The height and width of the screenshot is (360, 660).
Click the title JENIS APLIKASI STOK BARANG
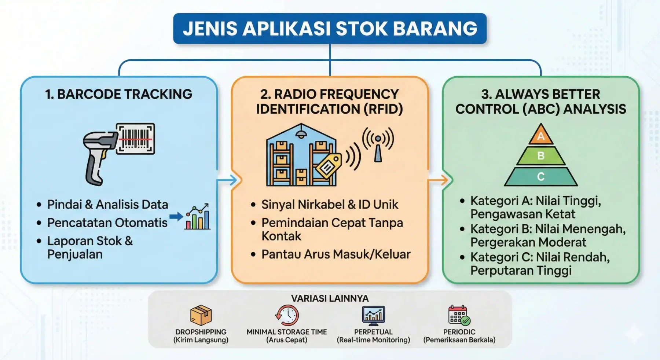tap(330, 29)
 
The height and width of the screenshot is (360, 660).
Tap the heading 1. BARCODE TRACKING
tap(118, 94)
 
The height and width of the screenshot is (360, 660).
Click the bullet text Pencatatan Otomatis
tap(107, 223)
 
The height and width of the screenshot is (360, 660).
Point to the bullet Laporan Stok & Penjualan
tap(90, 247)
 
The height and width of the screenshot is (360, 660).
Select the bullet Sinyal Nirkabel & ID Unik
tap(330, 205)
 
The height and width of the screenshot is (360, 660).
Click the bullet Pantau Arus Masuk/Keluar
tap(336, 254)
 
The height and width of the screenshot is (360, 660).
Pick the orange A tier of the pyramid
tap(541, 135)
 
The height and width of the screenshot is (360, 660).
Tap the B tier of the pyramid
tap(541, 156)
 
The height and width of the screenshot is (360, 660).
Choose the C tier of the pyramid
tap(541, 176)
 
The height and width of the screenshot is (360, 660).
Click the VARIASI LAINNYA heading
tap(330, 298)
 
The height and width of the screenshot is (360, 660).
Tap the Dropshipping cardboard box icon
tap(201, 315)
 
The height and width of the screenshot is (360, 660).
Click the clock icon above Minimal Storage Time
tap(287, 315)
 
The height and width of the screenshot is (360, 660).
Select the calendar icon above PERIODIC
tap(459, 315)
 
